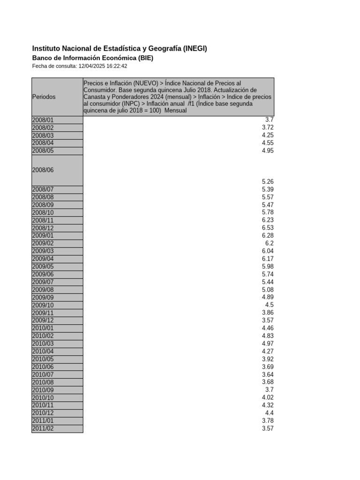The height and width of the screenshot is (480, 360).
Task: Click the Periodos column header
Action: point(44,97)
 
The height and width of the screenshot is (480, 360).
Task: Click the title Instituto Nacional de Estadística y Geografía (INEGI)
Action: point(120,48)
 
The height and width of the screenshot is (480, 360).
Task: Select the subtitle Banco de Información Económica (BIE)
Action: point(92,58)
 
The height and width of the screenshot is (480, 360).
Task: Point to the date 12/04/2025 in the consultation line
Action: point(92,66)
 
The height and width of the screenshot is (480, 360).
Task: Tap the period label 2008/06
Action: point(43,170)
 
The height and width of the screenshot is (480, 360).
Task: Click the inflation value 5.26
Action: point(268,181)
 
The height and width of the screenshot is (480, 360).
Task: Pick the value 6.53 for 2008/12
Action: point(268,228)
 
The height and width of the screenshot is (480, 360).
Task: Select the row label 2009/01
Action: point(43,235)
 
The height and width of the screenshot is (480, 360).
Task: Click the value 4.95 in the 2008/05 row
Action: point(268,150)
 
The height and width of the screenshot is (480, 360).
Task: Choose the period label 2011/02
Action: point(43,428)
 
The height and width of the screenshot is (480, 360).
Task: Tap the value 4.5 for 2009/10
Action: point(270,305)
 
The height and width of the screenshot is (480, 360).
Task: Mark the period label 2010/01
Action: point(43,328)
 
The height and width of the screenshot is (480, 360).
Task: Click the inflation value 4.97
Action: point(268,344)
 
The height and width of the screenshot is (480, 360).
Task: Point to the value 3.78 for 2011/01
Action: point(268,421)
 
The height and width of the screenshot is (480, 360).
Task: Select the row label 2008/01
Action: point(43,120)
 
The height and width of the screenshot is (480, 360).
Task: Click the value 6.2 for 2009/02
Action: point(270,243)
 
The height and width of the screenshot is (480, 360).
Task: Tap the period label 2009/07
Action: point(43,282)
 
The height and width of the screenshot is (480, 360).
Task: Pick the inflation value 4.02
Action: point(268,397)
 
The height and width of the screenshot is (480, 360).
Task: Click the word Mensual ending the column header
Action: point(176,111)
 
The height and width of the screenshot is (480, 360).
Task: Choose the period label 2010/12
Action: point(43,413)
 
